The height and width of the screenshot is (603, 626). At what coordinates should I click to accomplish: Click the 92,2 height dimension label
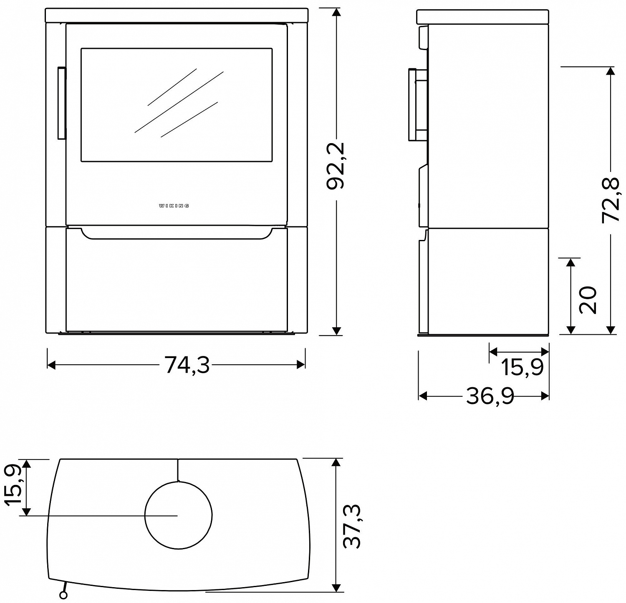click(x=336, y=166)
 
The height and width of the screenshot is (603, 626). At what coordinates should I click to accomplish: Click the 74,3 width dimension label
click(x=187, y=365)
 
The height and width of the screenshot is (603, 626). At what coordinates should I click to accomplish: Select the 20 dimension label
click(x=588, y=300)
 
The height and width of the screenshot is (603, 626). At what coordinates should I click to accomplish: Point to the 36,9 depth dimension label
click(x=490, y=396)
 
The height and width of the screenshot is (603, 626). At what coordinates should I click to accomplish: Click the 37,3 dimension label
click(x=351, y=526)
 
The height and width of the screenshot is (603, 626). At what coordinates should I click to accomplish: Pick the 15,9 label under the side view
click(x=522, y=367)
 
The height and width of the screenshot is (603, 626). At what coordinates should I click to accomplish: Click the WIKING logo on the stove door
click(x=174, y=206)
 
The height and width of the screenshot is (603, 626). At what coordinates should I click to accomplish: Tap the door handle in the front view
click(x=61, y=103)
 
